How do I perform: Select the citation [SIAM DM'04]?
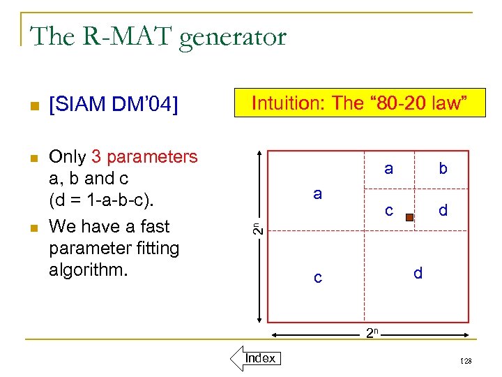(114, 105)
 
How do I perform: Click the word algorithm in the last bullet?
(89, 270)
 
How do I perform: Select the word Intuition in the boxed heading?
(289, 103)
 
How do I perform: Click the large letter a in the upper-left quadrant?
(317, 194)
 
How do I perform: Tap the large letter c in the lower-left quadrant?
(317, 278)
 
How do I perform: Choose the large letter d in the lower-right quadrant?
(418, 274)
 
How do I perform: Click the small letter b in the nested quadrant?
(443, 168)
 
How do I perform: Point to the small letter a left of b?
(388, 168)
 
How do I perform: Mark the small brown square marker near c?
(410, 217)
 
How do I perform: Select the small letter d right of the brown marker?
(443, 209)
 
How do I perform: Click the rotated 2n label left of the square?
(257, 227)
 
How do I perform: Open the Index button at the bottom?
(260, 358)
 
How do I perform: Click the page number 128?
(466, 361)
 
